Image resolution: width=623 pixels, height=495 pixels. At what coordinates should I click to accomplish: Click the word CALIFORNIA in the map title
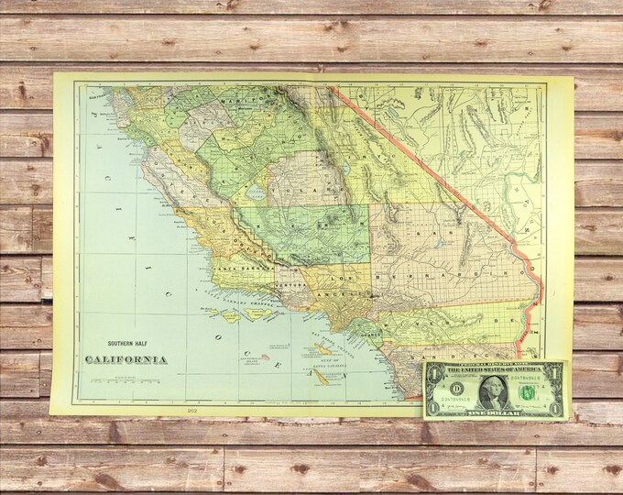[126, 358]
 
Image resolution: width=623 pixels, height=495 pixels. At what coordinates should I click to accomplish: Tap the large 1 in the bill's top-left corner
[433, 370]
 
